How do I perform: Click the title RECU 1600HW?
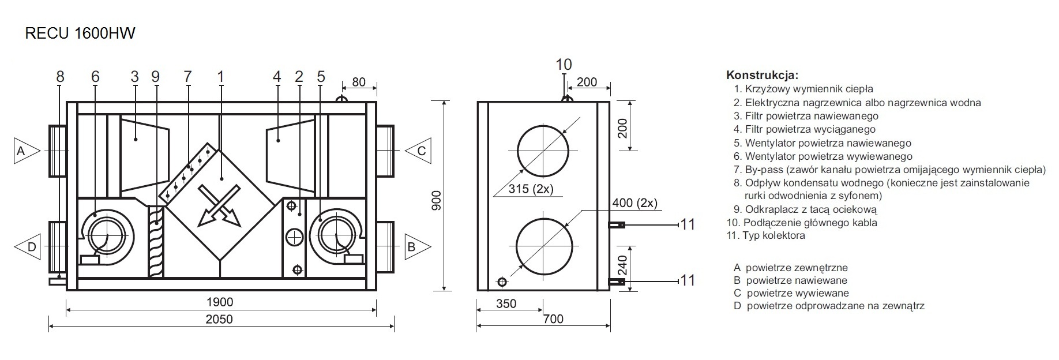[x=80, y=33]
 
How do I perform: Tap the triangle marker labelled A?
[x=24, y=151]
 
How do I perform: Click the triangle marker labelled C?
[x=419, y=151]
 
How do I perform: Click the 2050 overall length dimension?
[x=219, y=319]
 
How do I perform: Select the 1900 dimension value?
[x=219, y=302]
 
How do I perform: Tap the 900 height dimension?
[x=437, y=200]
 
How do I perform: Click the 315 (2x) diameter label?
[x=531, y=189]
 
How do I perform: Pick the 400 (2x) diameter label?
[x=634, y=203]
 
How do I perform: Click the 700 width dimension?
[x=553, y=319]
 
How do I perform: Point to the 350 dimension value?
[x=506, y=303]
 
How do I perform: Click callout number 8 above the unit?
[x=61, y=76]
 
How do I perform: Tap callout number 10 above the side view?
[x=564, y=64]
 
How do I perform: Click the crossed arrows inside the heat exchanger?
[x=217, y=205]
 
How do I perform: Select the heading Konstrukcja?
[x=762, y=75]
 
